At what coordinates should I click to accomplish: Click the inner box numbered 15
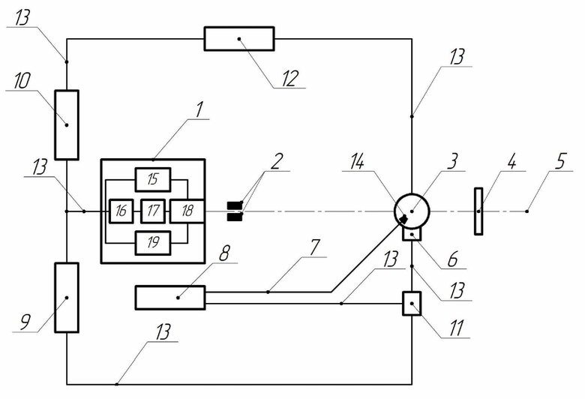coord(152,179)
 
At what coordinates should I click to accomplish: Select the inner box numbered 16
coord(121,211)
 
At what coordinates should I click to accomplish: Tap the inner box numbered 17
coord(152,211)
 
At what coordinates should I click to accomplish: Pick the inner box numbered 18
coord(187,211)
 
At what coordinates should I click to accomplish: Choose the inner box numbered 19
coord(152,243)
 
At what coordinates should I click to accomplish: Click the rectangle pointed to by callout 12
coord(239,38)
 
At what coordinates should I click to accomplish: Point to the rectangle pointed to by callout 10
coord(67,125)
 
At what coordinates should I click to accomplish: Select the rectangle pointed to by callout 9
coord(67,298)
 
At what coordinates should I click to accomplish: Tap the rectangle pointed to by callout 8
coord(170,298)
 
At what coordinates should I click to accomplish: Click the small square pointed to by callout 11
coord(412,304)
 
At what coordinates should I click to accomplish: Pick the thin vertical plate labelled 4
coord(478,211)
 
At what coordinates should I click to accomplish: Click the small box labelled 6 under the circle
coord(412,234)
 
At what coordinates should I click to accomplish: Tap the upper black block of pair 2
coord(235,205)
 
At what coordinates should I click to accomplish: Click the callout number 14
coord(357,162)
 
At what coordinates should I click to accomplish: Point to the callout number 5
coord(560,161)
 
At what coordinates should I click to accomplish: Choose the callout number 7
coord(314,247)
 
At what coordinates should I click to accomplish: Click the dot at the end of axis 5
coord(526,211)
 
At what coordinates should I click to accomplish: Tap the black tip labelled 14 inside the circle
coord(403,219)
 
